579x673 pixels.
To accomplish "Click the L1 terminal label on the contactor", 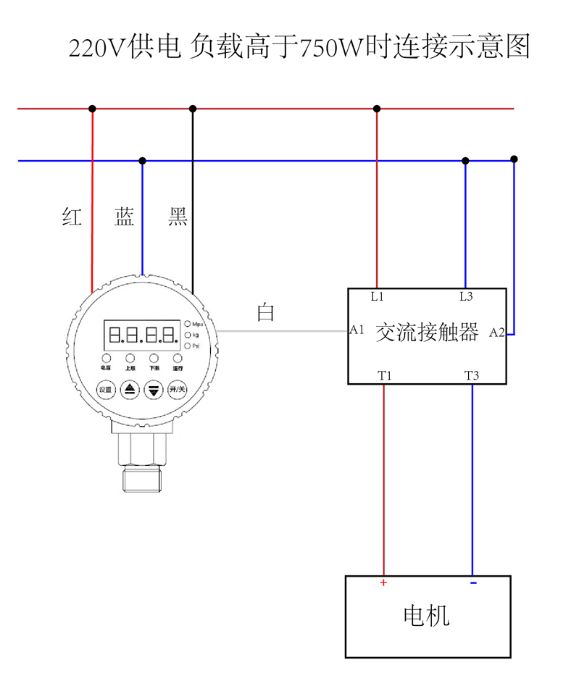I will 377,296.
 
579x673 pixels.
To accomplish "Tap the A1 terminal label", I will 357,330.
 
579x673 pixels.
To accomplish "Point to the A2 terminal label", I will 497,333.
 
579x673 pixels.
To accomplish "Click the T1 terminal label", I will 384,375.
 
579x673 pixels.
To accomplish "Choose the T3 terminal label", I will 472,375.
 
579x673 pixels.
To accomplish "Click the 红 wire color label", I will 72,217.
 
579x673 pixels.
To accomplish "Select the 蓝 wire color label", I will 124,217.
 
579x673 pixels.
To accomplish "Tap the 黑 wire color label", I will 178,217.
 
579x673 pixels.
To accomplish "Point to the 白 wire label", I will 266,312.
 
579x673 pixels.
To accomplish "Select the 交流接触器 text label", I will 427,333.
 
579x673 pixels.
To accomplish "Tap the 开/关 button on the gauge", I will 177,390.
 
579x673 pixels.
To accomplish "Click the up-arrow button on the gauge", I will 130,390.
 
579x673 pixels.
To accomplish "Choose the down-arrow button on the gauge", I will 154,390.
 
